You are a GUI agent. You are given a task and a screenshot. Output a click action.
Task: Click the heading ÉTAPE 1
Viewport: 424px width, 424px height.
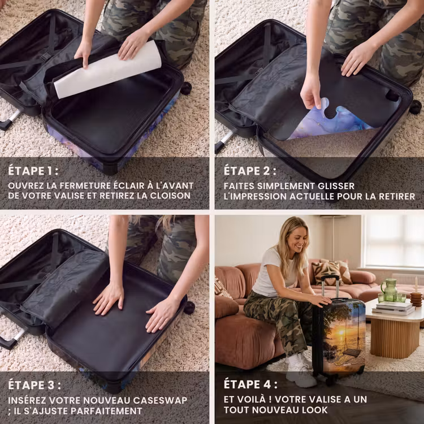coord(33,171)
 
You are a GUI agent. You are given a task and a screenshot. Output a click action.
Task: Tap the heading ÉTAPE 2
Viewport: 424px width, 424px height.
coord(250,171)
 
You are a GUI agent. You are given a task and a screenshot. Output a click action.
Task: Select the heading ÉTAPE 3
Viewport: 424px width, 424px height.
coord(34,385)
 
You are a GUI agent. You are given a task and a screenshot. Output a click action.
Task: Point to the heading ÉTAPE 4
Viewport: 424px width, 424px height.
coord(250,384)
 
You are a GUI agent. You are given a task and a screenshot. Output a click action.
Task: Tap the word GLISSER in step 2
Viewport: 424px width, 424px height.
coord(336,186)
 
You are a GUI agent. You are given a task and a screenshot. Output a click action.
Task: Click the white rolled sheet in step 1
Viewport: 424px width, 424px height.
coord(107,70)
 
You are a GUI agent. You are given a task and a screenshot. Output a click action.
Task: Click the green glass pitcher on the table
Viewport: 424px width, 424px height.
coord(389,289)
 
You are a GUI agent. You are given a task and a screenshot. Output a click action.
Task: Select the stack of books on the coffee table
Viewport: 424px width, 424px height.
coord(393,309)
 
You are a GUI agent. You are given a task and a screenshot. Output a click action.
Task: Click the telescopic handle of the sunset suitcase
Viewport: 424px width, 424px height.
coord(330,287)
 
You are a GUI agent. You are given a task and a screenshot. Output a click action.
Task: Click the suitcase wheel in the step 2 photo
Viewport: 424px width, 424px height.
coord(415,107)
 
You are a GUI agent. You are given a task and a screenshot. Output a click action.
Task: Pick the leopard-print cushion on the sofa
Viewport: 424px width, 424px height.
coord(326,272)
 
